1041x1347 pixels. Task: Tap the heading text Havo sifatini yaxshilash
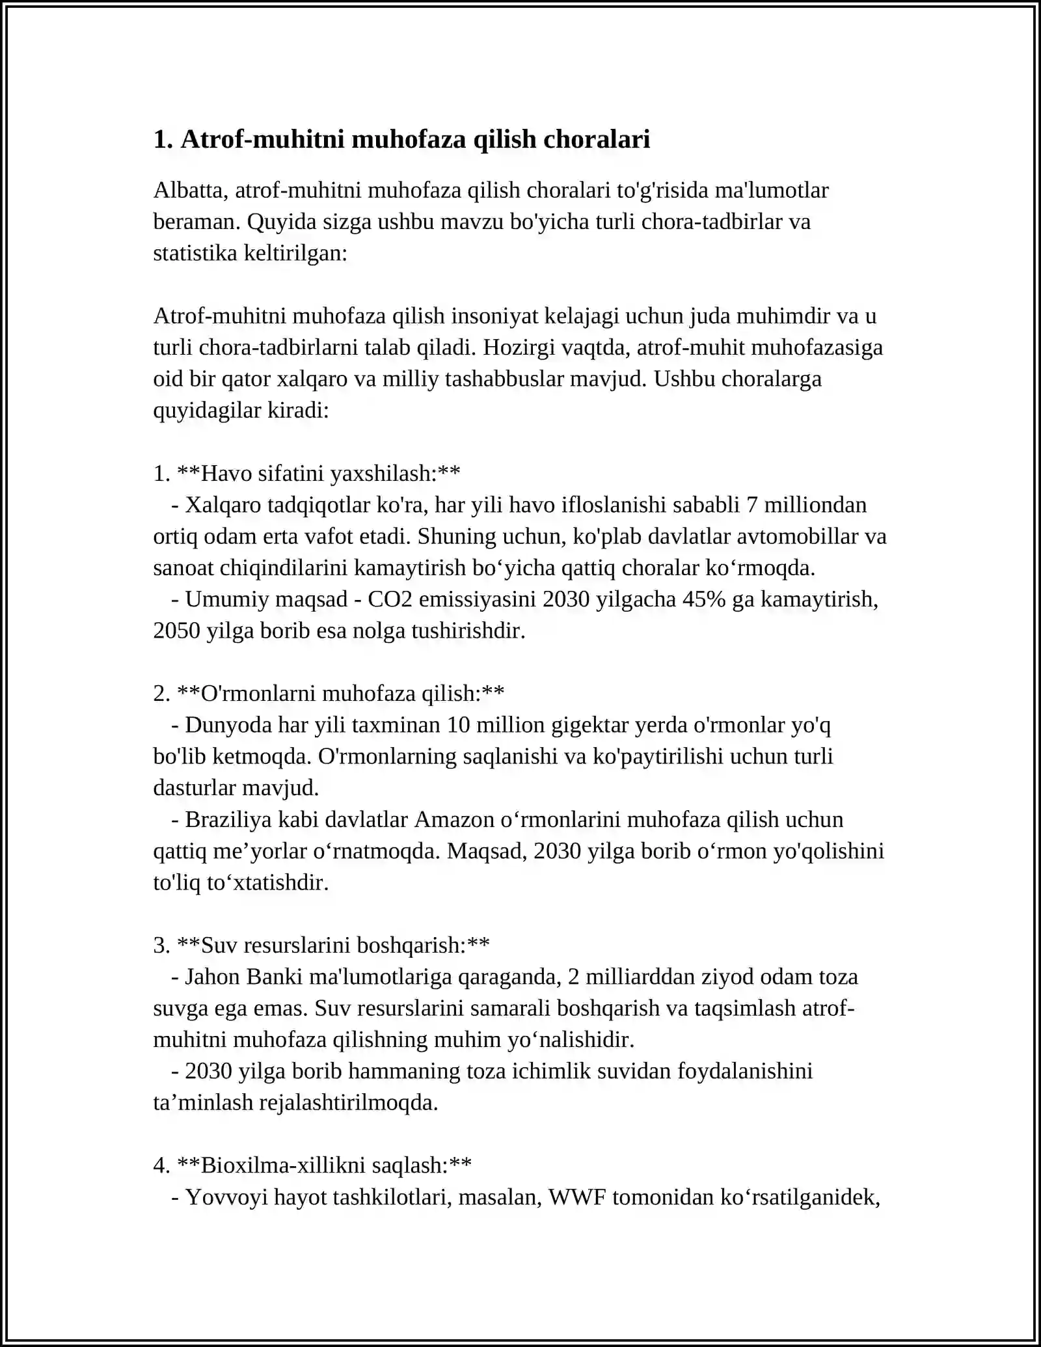tap(318, 473)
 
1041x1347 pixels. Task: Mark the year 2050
tap(176, 631)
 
